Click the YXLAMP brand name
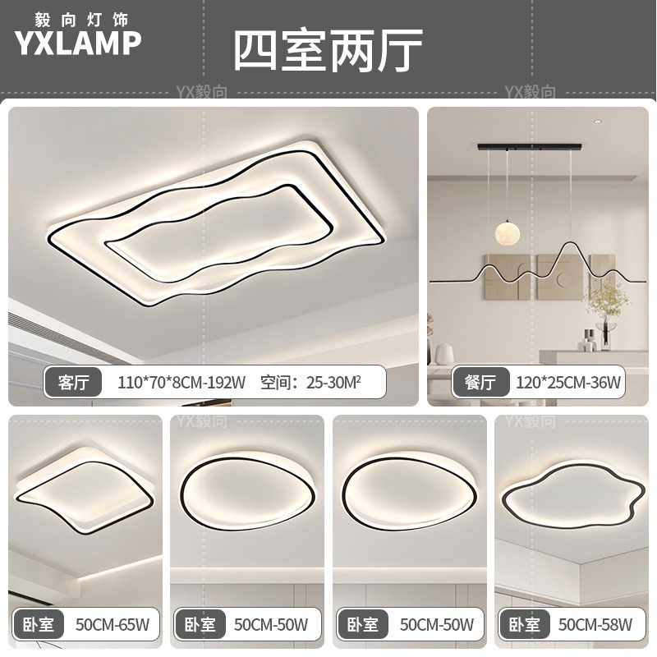point(78,43)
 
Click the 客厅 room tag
point(75,382)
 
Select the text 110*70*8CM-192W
point(181,382)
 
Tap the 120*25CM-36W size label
point(568,382)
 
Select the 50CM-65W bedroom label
point(112,625)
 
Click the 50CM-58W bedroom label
point(595,625)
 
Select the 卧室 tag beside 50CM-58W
point(523,625)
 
